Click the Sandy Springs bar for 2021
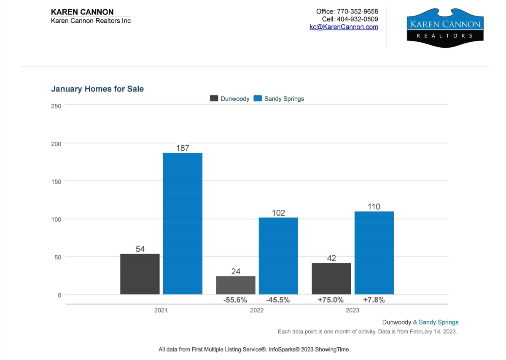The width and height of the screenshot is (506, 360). pos(183,223)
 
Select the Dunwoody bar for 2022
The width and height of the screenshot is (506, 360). pos(235,285)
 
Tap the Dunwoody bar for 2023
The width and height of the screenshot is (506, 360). pos(331,278)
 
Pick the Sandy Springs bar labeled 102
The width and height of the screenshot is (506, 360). pos(278,256)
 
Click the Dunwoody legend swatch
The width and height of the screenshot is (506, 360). pos(214,99)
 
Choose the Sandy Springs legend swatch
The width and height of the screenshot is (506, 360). pos(257,99)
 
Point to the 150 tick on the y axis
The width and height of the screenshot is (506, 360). pos(56,181)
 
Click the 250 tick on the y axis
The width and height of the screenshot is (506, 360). pos(56,106)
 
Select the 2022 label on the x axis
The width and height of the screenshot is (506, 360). pos(256,311)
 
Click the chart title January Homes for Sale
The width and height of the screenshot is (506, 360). pos(97,89)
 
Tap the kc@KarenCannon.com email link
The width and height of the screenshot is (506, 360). pos(344,27)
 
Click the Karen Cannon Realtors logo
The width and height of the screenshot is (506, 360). pos(445,28)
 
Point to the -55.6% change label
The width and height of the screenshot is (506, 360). pos(235,300)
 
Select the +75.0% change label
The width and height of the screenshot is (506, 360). pos(331,300)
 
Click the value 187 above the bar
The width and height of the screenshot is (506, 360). pos(183,148)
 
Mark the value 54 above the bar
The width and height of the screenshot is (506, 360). pos(140,249)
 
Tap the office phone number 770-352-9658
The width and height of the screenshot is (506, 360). pos(357,11)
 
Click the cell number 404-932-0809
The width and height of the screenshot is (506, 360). pos(357,19)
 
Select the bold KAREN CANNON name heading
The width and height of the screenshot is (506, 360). pos(82,12)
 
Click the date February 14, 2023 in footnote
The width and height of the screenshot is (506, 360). pos(433,332)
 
